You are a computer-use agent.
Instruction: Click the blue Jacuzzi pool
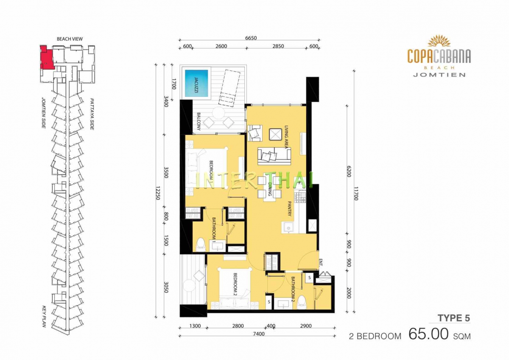(196, 83)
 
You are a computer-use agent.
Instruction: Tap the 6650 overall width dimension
(251, 38)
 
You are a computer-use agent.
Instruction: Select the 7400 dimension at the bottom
(259, 334)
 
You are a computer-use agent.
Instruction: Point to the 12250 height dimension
(158, 193)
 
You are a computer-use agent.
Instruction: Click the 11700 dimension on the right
(356, 194)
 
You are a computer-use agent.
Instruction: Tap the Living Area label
(286, 137)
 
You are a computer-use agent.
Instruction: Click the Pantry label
(289, 208)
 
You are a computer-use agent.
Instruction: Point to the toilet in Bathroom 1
(200, 245)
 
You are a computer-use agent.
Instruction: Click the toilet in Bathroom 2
(302, 302)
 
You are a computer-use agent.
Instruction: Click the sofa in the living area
(274, 156)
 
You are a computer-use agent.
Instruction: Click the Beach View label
(70, 39)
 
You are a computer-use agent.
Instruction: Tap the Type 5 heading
(454, 318)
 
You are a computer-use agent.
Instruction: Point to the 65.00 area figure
(428, 334)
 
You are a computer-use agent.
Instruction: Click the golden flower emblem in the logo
(439, 41)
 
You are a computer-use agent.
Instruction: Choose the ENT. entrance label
(321, 262)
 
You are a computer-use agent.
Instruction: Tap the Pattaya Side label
(92, 114)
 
